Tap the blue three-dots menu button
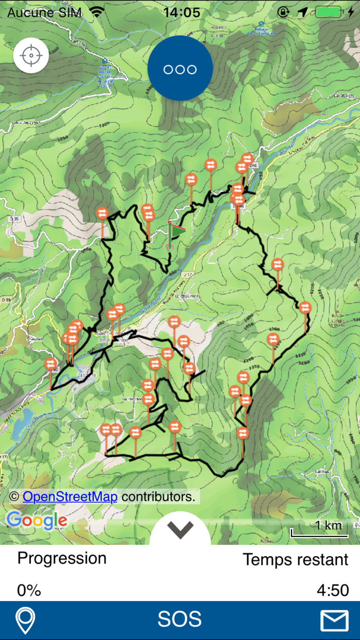180,69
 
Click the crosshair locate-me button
31,55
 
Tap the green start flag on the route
176,232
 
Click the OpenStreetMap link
70,496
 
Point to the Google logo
37,521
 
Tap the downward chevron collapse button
180,529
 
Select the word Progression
62,558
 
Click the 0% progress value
29,590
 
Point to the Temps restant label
295,559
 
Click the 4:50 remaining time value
333,590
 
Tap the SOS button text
179,619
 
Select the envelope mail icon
334,620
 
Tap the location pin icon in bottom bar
26,620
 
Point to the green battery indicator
328,11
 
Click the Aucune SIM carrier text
45,12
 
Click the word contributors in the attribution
158,496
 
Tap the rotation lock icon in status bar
283,11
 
